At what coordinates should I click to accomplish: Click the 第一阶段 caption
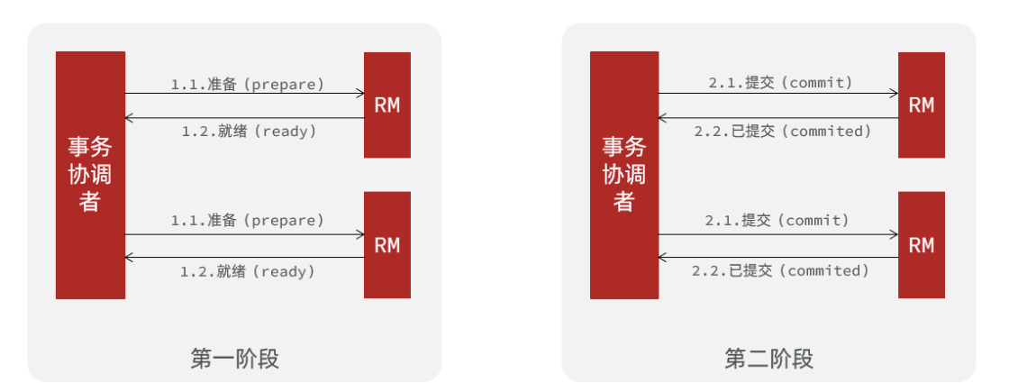(x=234, y=359)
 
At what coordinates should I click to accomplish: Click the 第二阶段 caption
(x=768, y=359)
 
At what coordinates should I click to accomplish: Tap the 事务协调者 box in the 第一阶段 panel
(x=90, y=175)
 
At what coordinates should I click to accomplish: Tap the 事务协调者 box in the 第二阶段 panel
(x=624, y=175)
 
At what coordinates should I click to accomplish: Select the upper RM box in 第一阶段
(x=387, y=105)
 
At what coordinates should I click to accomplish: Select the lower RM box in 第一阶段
(x=387, y=245)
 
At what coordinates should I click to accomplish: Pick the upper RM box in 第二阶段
(x=922, y=105)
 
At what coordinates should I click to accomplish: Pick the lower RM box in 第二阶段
(x=922, y=245)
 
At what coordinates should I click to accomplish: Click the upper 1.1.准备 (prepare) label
(x=248, y=84)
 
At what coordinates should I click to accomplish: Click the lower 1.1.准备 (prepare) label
(x=248, y=220)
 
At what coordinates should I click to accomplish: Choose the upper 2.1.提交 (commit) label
(x=780, y=83)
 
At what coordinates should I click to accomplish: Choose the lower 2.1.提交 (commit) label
(x=777, y=220)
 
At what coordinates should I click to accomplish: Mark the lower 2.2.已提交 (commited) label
(x=780, y=270)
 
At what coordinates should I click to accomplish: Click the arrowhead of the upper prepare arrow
(x=359, y=93)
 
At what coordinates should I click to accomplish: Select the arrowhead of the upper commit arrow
(x=894, y=93)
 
